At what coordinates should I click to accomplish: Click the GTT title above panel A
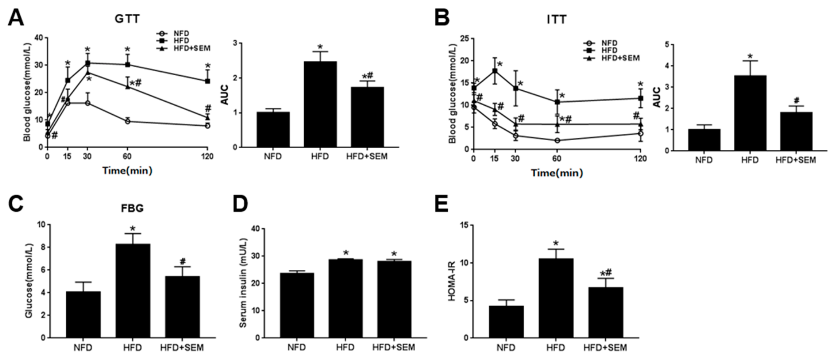[x=127, y=19]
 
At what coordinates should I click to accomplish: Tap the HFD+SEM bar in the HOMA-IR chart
[x=605, y=312]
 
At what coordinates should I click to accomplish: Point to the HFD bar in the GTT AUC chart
[x=320, y=104]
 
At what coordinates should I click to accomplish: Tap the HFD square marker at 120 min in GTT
[x=208, y=81]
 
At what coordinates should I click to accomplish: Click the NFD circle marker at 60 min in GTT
[x=127, y=121]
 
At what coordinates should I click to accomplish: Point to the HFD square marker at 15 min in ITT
[x=495, y=71]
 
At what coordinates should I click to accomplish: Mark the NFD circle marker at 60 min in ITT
[x=557, y=140]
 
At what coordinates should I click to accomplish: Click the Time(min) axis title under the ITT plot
[x=557, y=173]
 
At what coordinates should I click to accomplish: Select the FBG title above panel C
[x=132, y=208]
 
